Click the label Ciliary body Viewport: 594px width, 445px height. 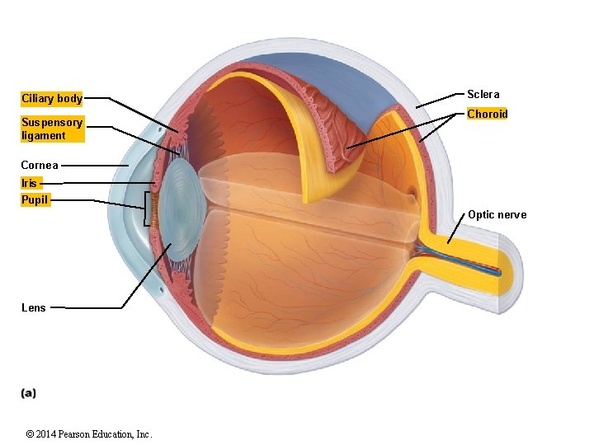coord(51,99)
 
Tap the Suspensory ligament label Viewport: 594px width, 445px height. coord(51,129)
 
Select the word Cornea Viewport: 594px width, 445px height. coord(40,166)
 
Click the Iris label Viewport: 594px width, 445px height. coord(30,183)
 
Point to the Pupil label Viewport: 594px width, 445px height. coord(35,199)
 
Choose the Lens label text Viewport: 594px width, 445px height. coord(34,307)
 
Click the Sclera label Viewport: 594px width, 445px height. coord(483,95)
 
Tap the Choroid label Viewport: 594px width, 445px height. coord(487,115)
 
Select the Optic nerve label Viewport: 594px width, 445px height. coord(497,215)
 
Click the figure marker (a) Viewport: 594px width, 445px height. coord(29,393)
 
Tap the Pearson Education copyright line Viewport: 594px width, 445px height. coord(89,434)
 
